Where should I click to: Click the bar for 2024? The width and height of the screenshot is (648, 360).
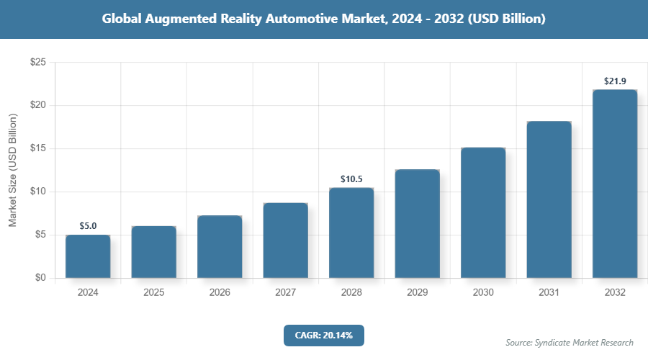(x=88, y=256)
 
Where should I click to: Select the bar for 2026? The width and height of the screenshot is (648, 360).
(x=220, y=246)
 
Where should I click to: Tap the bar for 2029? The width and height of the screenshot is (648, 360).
(x=417, y=223)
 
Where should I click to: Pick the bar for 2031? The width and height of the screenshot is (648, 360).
(x=549, y=199)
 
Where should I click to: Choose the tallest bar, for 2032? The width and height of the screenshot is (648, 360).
(x=615, y=184)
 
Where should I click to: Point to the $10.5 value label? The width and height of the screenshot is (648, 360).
(x=351, y=179)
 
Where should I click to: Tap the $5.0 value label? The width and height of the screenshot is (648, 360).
(x=88, y=226)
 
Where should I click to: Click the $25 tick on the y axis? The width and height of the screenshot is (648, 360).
(x=37, y=63)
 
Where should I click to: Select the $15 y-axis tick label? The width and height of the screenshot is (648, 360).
(x=37, y=149)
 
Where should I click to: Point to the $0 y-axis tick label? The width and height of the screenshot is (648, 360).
(x=40, y=278)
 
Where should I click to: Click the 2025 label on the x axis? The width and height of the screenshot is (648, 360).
(x=153, y=293)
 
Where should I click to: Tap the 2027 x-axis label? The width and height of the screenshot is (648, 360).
(x=285, y=293)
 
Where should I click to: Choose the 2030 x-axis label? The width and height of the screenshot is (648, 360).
(x=483, y=293)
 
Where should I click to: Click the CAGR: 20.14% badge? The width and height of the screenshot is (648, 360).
(x=324, y=335)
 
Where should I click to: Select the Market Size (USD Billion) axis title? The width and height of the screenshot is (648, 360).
(x=12, y=170)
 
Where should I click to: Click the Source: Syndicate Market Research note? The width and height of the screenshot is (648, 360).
(x=570, y=342)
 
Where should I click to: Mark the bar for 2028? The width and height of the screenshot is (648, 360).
(x=351, y=233)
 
